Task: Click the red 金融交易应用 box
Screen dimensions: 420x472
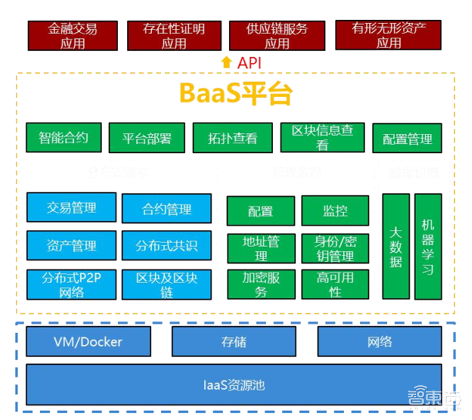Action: click(73, 35)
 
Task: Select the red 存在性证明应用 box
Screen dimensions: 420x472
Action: click(174, 35)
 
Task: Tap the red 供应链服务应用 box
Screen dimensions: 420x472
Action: click(277, 35)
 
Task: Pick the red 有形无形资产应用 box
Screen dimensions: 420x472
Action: click(389, 35)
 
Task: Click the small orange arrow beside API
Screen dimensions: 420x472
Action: click(226, 63)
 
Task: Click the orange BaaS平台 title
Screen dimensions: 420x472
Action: click(235, 93)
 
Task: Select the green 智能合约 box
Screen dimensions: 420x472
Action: click(64, 137)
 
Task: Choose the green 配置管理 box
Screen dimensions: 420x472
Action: click(407, 139)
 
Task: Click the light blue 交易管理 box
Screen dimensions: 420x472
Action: click(71, 208)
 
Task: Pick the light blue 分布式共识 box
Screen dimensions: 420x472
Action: click(166, 245)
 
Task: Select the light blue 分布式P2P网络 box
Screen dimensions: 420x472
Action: click(71, 284)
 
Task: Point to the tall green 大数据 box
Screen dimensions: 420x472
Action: click(396, 246)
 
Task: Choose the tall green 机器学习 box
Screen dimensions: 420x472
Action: click(428, 246)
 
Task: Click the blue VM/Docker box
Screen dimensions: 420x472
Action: click(88, 342)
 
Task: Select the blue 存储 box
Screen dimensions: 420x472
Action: click(234, 342)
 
